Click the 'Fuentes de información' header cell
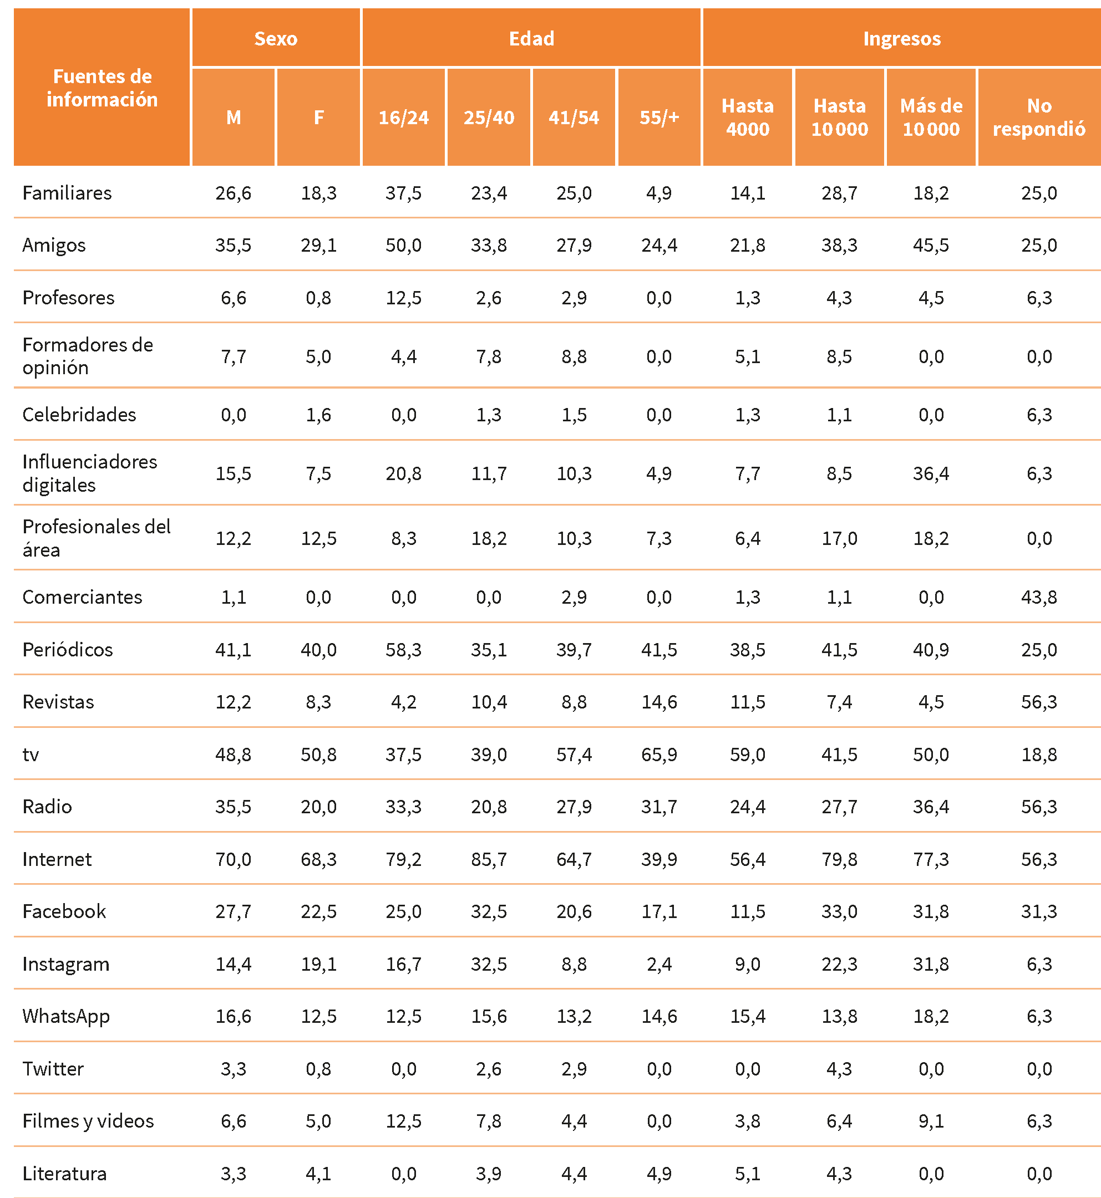point(102,88)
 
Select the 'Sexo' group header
point(275,38)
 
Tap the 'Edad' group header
point(531,38)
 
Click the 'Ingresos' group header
point(901,38)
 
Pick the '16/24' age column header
point(403,118)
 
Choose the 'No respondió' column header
point(1038,118)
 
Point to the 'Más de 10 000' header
point(931,118)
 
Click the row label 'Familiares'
point(67,193)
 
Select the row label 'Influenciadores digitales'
point(89,473)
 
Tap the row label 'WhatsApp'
point(65,1016)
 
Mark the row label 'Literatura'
point(64,1174)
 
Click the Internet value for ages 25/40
point(489,859)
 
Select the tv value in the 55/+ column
point(659,755)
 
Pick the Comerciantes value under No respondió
point(1038,597)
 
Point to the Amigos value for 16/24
point(403,244)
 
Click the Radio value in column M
point(233,807)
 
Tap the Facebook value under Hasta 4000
point(747,911)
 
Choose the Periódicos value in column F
point(318,649)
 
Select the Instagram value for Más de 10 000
point(931,964)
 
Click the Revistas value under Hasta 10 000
point(839,702)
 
